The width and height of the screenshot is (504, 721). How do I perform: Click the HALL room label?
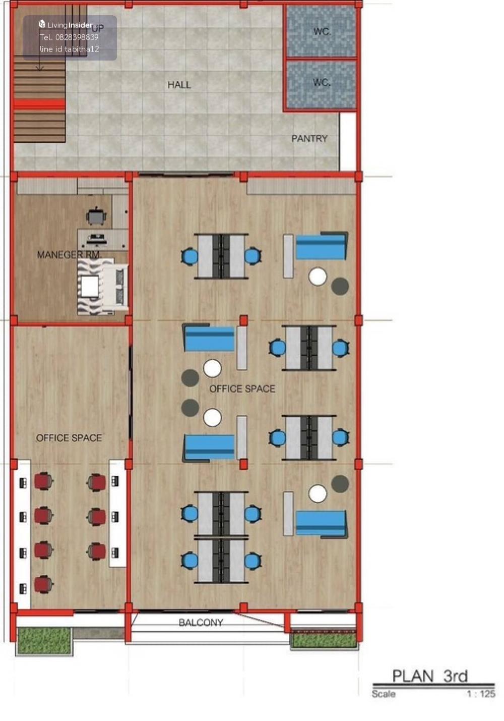click(x=179, y=85)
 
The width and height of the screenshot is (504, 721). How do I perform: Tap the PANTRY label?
click(x=309, y=139)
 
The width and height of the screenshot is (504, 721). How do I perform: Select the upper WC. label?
click(x=322, y=32)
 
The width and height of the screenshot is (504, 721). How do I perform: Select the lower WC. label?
click(x=322, y=83)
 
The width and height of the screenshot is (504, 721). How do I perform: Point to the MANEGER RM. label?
click(x=69, y=255)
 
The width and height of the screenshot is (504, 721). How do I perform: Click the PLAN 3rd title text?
click(x=430, y=676)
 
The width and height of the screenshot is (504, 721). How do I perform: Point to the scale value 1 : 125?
click(x=481, y=694)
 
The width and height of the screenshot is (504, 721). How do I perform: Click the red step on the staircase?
click(x=39, y=104)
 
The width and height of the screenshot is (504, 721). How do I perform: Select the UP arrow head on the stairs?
click(x=39, y=68)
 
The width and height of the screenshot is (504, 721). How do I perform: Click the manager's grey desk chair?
click(x=96, y=216)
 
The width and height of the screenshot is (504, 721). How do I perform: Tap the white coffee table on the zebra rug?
click(x=90, y=286)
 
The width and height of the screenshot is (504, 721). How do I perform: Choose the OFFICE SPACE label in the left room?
click(x=69, y=438)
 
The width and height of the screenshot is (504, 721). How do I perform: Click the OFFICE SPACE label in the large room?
click(x=242, y=389)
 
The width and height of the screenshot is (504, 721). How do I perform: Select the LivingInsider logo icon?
click(x=42, y=24)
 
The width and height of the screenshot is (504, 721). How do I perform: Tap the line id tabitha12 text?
click(x=70, y=49)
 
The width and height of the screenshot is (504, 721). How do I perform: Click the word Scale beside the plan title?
click(x=384, y=694)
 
